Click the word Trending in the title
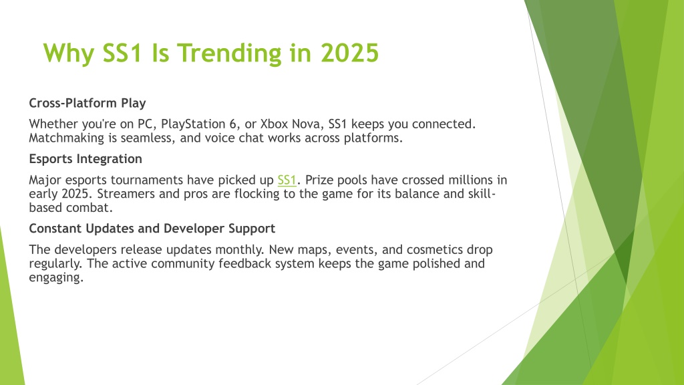pos(230,53)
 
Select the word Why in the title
pos(69,54)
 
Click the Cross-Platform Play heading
pos(88,103)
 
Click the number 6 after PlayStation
pos(233,124)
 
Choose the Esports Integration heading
pos(85,159)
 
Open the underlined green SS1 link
pos(287,180)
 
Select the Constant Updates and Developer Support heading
pos(152,229)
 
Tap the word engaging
pos(56,278)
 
